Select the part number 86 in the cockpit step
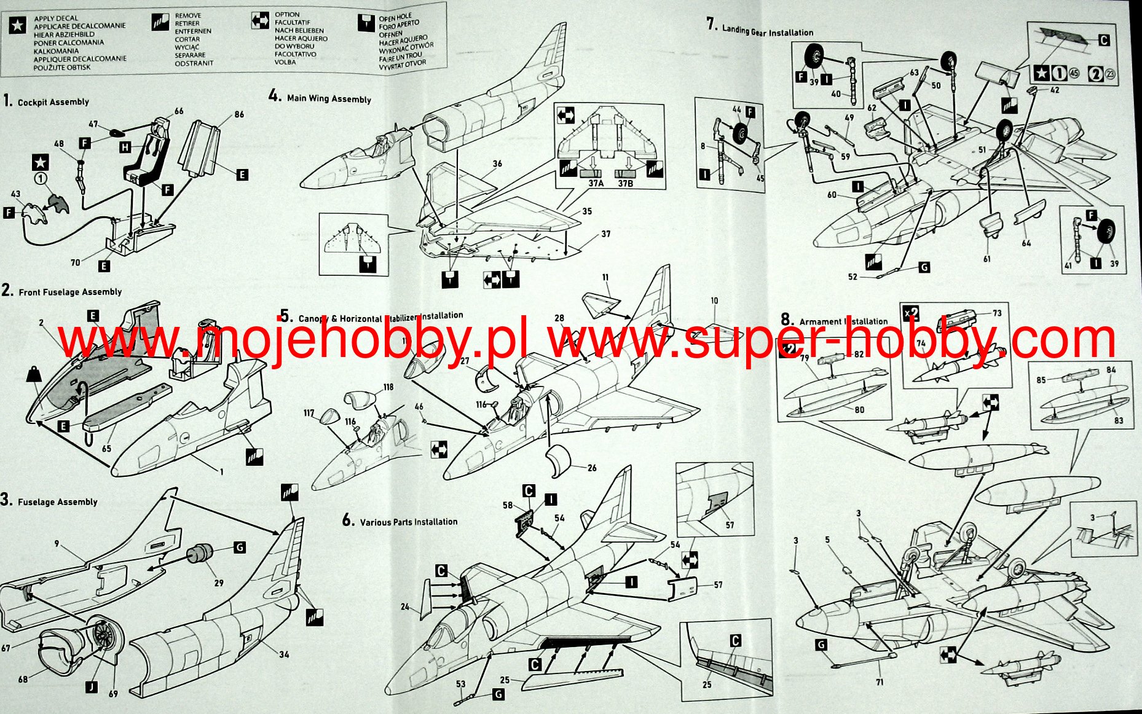point(239,114)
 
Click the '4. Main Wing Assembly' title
point(320,98)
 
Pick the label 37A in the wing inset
point(596,183)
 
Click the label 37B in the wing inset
point(625,183)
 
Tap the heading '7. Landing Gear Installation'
point(760,28)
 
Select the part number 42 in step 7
point(1054,90)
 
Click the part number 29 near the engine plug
point(218,583)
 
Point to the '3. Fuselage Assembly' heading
point(50,501)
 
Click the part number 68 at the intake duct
point(23,679)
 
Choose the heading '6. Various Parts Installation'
point(400,521)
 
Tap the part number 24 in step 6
point(404,606)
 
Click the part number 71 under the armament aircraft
point(880,682)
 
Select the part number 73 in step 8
point(996,313)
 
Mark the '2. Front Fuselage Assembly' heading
point(62,291)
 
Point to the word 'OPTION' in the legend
point(287,14)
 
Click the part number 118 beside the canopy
point(388,387)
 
